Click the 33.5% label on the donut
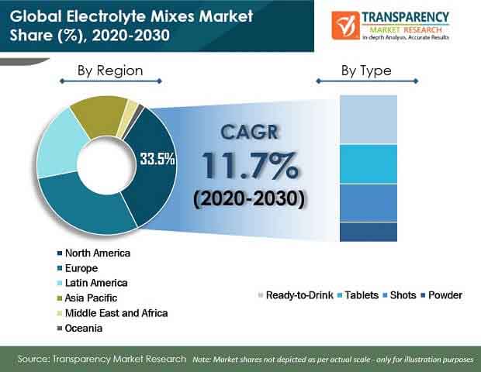click(157, 159)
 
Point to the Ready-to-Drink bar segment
click(369, 119)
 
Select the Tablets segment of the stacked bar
click(369, 164)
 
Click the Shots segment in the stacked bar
click(369, 203)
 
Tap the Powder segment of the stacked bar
click(369, 232)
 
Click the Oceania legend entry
click(80, 328)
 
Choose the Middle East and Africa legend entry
click(112, 313)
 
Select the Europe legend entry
click(78, 268)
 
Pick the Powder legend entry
click(441, 295)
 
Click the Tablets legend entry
click(358, 295)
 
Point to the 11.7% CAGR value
click(250, 165)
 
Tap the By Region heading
click(110, 71)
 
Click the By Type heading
click(366, 71)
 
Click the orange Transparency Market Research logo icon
click(346, 26)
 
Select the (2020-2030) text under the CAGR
click(249, 198)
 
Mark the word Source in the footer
click(33, 359)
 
